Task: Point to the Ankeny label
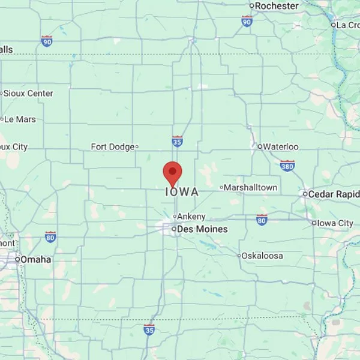[192, 217]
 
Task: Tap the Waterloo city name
[281, 146]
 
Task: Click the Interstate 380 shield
[287, 165]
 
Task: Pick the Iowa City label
[336, 223]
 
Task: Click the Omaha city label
[36, 260]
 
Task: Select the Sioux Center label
[29, 94]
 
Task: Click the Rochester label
[277, 6]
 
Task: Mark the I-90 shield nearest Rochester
[247, 21]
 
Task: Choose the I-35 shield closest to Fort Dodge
[177, 141]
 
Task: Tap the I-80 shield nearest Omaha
[51, 237]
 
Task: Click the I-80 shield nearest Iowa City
[262, 220]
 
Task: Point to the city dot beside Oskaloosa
[238, 256]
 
